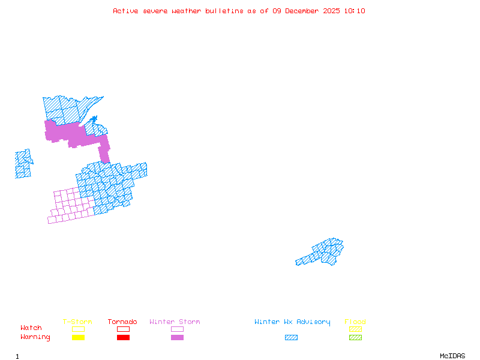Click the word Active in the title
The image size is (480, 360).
click(x=123, y=11)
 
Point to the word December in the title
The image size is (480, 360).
click(x=304, y=11)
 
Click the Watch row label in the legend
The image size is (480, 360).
click(x=31, y=328)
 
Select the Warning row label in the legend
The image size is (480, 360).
click(x=35, y=337)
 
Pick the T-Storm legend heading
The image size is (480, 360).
click(x=77, y=322)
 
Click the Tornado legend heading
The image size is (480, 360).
click(x=122, y=322)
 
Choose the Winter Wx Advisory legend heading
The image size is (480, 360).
click(x=292, y=322)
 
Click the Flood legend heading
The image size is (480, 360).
click(x=355, y=322)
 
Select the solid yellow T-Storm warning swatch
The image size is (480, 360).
click(x=78, y=338)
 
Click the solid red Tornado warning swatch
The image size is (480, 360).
click(x=123, y=338)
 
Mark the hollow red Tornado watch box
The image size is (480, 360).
click(x=123, y=329)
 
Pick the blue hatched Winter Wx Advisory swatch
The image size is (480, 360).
click(x=291, y=338)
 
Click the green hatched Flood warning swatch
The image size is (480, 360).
click(x=355, y=338)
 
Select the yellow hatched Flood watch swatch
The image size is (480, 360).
click(x=355, y=329)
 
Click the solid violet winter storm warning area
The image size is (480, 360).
click(x=69, y=133)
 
